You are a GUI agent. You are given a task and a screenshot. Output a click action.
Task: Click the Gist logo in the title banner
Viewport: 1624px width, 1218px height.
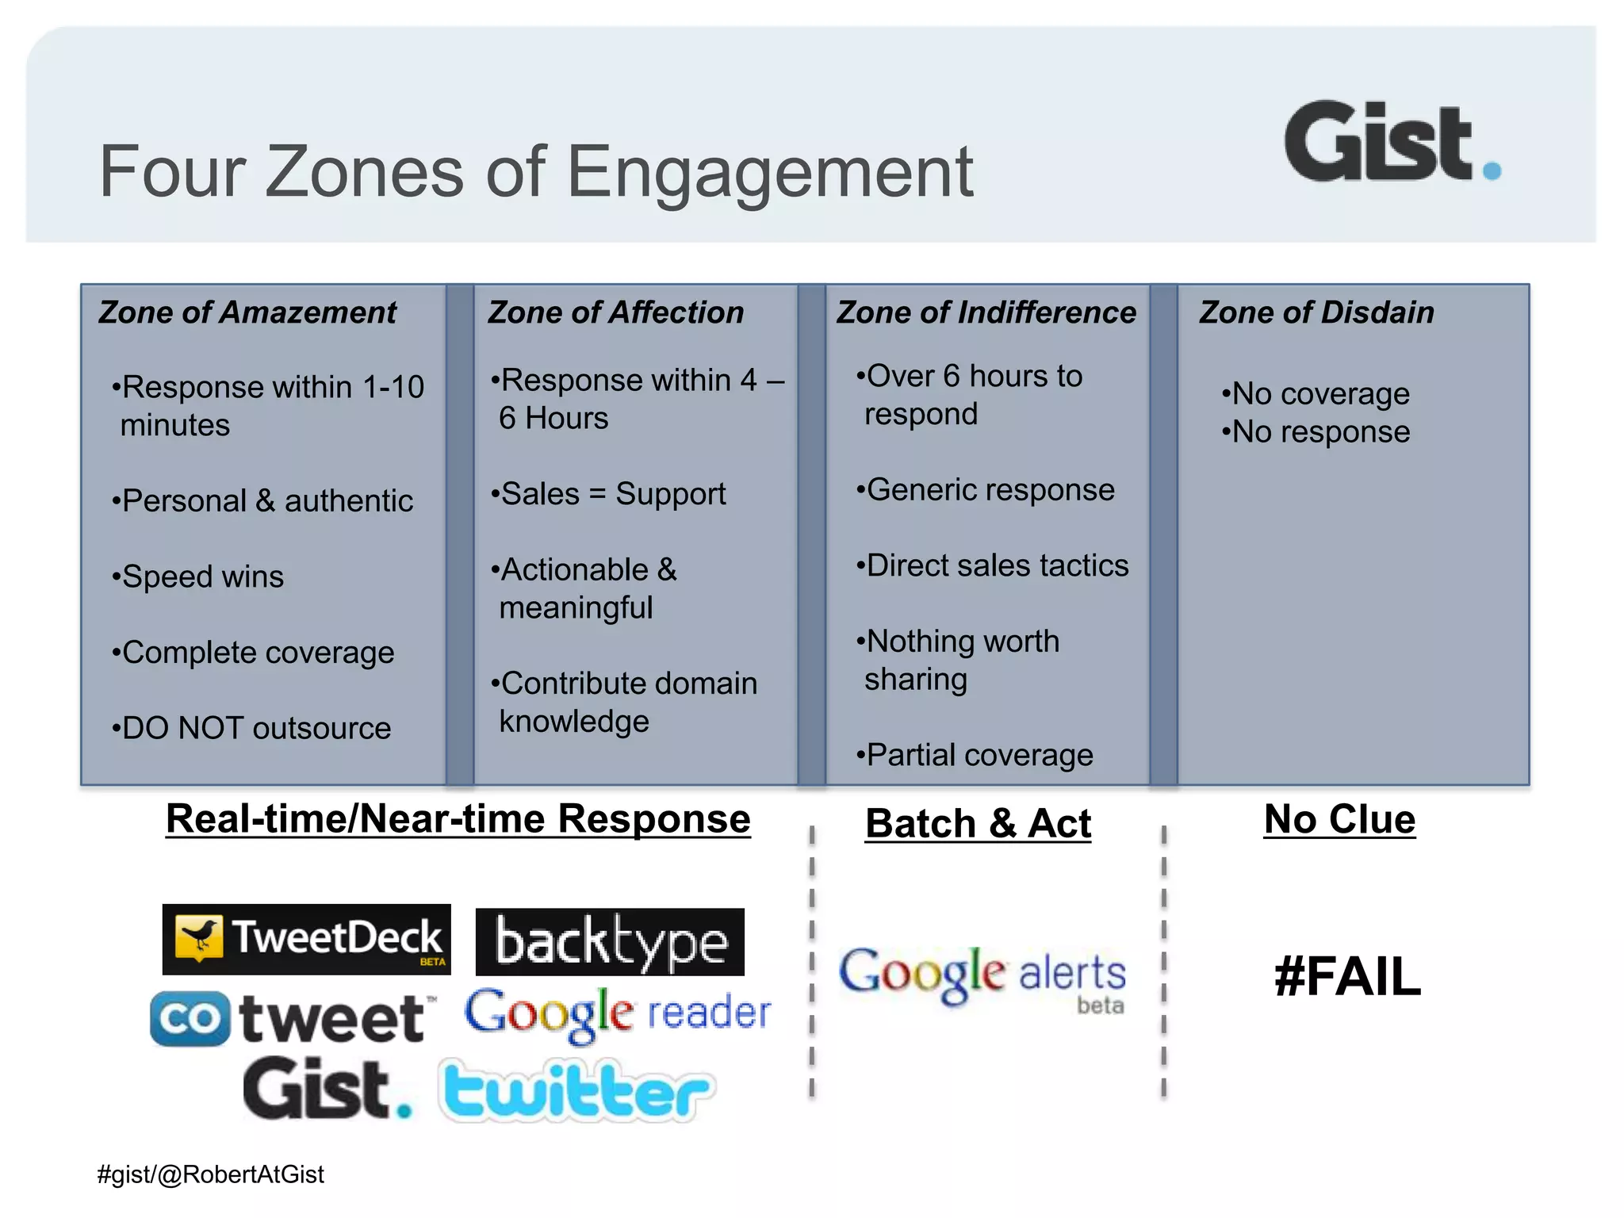tap(1392, 143)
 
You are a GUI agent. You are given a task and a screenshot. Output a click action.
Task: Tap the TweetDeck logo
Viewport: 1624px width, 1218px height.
tap(306, 939)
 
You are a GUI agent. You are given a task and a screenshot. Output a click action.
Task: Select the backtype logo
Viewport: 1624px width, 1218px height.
tap(609, 942)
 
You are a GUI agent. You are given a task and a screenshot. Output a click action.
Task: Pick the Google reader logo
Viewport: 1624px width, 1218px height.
tap(617, 1013)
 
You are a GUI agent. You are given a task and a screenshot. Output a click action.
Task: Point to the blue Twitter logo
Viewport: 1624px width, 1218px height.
tap(577, 1091)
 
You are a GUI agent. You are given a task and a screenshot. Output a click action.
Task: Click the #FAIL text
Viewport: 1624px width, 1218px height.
tap(1347, 976)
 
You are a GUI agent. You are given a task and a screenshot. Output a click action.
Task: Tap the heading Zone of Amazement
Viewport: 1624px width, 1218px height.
tap(247, 312)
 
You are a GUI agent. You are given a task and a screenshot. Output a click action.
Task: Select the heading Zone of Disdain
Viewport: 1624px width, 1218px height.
tap(1316, 312)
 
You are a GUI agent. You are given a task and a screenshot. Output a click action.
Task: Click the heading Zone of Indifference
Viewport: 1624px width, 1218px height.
tap(986, 312)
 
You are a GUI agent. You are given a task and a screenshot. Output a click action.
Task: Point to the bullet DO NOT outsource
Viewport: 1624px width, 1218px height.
tap(252, 728)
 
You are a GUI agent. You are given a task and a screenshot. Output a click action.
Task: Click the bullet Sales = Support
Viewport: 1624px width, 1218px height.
tap(609, 494)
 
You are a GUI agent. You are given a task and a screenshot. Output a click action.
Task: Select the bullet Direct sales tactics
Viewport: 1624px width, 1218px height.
tap(993, 565)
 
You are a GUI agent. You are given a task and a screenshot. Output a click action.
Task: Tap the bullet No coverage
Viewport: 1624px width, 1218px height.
tap(1316, 393)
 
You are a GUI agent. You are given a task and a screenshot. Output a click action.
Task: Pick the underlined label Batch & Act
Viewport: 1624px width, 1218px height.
tap(978, 823)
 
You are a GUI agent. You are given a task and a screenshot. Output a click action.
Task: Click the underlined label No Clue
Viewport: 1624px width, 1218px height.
tap(1339, 819)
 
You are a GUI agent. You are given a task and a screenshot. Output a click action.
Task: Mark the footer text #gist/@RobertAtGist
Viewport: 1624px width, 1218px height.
tap(210, 1174)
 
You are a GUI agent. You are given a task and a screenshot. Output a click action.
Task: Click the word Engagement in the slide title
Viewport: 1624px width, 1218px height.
tap(769, 172)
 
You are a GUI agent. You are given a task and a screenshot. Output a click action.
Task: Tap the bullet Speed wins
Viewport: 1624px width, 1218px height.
tap(198, 576)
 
